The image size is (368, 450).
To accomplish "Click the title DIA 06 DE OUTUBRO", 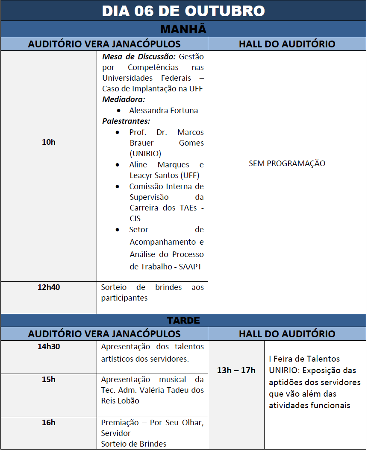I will click(x=183, y=11).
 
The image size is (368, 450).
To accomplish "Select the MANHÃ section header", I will click(x=183, y=29).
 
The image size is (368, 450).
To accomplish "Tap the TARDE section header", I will click(x=183, y=320).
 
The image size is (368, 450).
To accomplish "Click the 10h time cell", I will click(x=49, y=142).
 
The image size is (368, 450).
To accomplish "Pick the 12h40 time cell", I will click(x=49, y=287).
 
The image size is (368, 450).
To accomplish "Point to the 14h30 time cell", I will click(x=49, y=347).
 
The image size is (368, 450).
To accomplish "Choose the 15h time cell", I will click(x=49, y=380).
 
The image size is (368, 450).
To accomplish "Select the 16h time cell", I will click(x=49, y=423).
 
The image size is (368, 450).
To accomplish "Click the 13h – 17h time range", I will click(x=236, y=370).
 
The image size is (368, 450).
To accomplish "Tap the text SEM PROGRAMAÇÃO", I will click(x=287, y=164).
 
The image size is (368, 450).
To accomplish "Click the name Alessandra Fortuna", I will click(x=164, y=110).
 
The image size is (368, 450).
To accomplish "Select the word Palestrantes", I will click(x=126, y=121).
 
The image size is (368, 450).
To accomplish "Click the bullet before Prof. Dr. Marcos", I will click(x=118, y=132).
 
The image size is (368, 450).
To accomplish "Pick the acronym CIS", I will click(x=135, y=219).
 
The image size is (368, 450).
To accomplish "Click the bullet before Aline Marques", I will click(x=118, y=165).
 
